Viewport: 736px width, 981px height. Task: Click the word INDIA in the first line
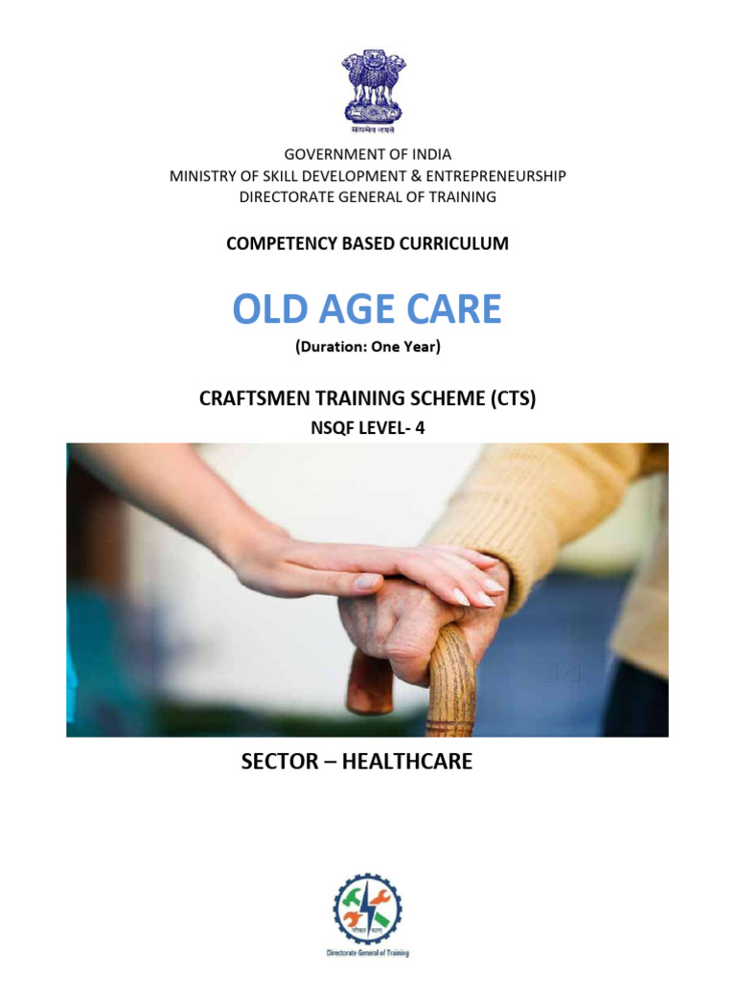tap(429, 154)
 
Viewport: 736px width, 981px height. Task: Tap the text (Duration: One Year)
tap(367, 348)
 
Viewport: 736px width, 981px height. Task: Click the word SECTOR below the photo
tap(282, 764)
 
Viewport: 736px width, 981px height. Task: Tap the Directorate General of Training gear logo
tap(367, 909)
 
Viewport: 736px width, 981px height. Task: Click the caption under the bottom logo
tap(367, 954)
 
